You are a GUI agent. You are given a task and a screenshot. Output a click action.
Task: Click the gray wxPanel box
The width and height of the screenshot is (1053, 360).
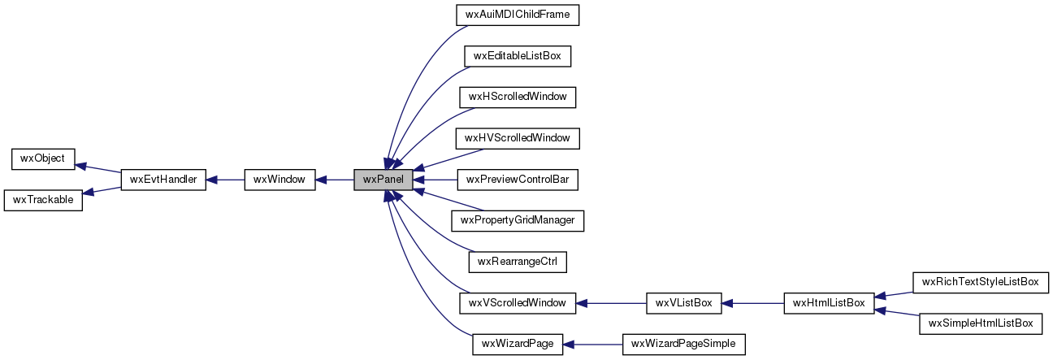pyautogui.click(x=383, y=180)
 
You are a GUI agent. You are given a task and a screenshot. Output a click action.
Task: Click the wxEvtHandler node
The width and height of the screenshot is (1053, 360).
pyautogui.click(x=162, y=180)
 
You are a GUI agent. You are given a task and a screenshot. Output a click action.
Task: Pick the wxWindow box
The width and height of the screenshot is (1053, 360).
pyautogui.click(x=279, y=180)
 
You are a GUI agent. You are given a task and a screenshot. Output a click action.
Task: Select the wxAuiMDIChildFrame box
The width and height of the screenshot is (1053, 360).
pyautogui.click(x=518, y=15)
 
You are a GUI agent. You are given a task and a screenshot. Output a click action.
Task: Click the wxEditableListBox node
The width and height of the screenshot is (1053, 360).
pyautogui.click(x=518, y=56)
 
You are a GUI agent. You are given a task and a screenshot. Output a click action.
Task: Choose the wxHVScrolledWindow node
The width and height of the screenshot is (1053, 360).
pyautogui.click(x=518, y=138)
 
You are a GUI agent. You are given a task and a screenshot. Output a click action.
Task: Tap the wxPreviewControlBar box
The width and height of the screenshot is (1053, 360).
pyautogui.click(x=518, y=180)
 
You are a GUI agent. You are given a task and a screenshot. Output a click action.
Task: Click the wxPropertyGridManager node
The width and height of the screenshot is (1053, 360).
pyautogui.click(x=518, y=221)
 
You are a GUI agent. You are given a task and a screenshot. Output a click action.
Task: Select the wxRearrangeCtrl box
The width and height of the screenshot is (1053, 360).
pyautogui.click(x=518, y=262)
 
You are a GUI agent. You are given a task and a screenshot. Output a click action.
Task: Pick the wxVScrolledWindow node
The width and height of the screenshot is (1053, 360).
pyautogui.click(x=518, y=303)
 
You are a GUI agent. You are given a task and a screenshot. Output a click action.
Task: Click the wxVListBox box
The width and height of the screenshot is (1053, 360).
pyautogui.click(x=683, y=303)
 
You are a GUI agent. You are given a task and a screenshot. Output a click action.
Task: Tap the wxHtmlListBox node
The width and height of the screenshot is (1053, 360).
pyautogui.click(x=828, y=303)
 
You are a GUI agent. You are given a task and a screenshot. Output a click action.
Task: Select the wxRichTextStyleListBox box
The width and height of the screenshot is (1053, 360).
pyautogui.click(x=981, y=283)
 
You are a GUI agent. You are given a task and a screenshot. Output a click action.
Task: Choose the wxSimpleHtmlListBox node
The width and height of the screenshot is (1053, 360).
pyautogui.click(x=981, y=323)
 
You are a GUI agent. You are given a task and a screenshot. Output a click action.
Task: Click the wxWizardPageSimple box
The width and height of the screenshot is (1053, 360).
pyautogui.click(x=683, y=345)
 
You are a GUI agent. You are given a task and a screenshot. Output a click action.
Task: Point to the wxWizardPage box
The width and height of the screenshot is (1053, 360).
pyautogui.click(x=518, y=345)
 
